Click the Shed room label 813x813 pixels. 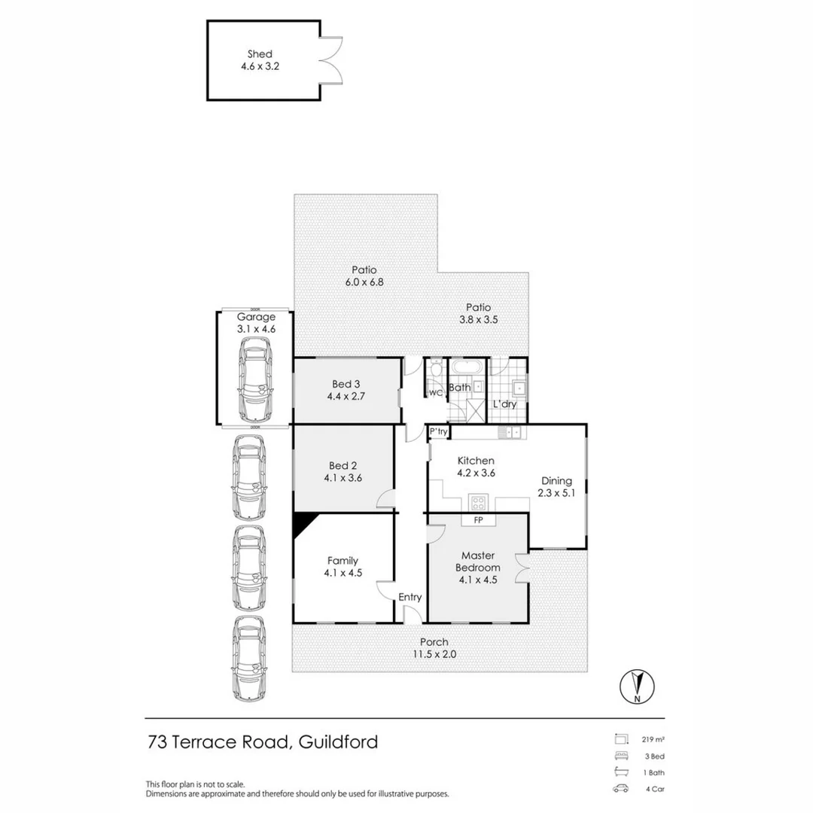coord(260,54)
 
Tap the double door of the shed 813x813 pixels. coord(331,60)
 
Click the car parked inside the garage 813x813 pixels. coord(254,379)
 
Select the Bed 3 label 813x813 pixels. coord(346,384)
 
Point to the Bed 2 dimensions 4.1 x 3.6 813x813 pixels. coord(343,478)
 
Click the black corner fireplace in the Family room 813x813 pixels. coord(306,525)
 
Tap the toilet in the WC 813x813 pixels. coord(436,368)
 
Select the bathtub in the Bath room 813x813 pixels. coord(467,367)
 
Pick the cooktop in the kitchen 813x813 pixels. coord(478,502)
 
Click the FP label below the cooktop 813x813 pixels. coord(479,519)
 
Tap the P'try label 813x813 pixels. coord(439,431)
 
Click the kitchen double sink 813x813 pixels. coord(512,431)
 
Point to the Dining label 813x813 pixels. coord(556,480)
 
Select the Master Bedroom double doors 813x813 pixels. coord(522,567)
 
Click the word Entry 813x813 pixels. coord(410,597)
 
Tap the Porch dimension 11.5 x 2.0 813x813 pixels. coord(434,654)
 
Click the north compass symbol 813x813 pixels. coord(638,687)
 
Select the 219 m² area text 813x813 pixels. coord(653,740)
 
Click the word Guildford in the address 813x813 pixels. coord(338,742)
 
